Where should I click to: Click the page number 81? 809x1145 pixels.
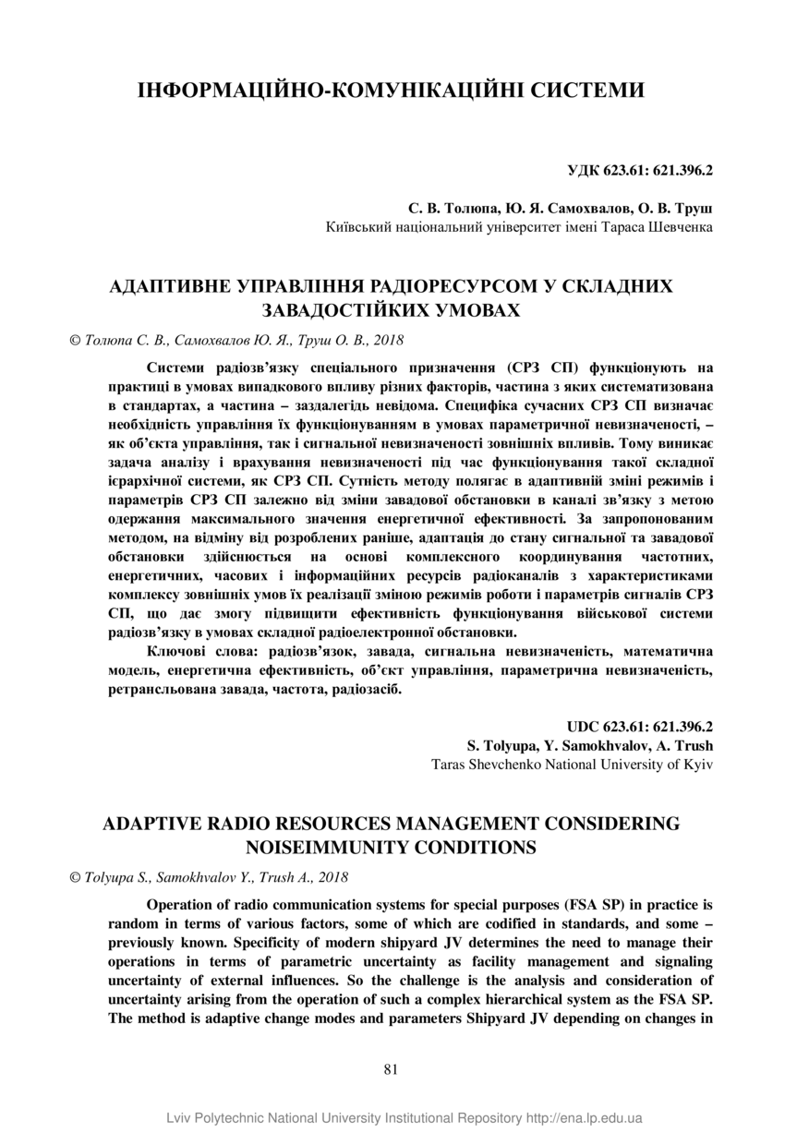tap(390, 1069)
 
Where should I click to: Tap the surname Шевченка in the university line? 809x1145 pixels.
tap(677, 226)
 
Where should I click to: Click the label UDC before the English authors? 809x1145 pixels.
tap(585, 727)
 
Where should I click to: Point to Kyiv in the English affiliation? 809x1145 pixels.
tap(697, 764)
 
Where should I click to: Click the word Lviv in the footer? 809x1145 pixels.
tap(181, 1118)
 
